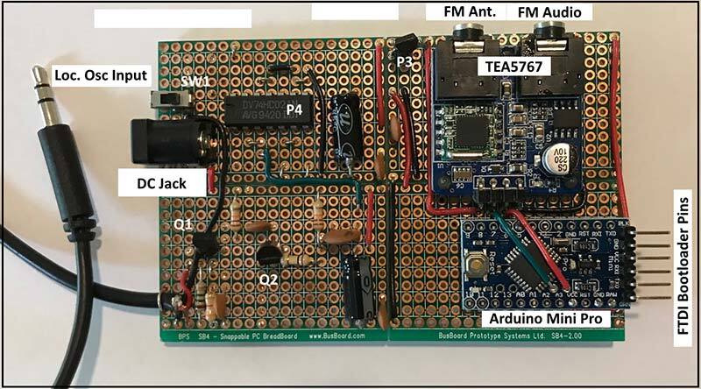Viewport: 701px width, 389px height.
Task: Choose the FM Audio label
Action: (552, 11)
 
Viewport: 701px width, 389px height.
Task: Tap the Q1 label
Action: (184, 225)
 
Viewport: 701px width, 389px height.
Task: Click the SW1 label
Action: (195, 81)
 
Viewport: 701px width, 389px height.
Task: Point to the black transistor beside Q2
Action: (269, 254)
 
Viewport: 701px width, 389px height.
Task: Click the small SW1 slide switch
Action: (163, 103)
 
